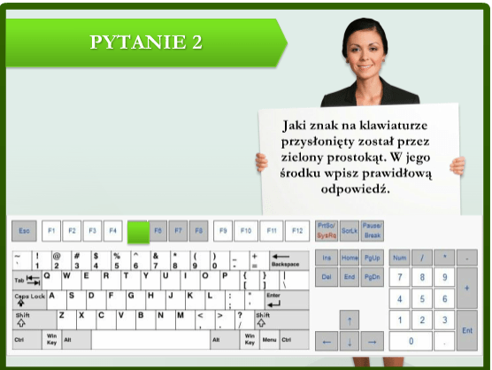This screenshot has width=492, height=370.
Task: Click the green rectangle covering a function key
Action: point(137,231)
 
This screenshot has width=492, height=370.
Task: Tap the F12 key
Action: point(297,231)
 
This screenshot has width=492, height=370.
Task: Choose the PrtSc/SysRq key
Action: point(326,231)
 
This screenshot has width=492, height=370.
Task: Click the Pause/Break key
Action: point(372,231)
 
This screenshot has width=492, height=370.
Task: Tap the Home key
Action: point(350,258)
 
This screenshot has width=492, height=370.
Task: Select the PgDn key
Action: point(373,277)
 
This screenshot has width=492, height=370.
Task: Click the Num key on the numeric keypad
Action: point(400,258)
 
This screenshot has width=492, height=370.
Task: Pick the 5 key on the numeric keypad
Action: point(422,299)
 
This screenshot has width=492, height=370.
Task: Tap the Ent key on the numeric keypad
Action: point(466,329)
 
